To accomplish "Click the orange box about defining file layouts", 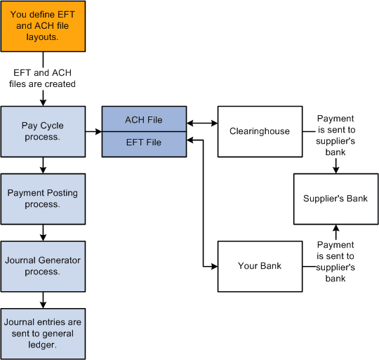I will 43,26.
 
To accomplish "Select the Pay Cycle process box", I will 43,131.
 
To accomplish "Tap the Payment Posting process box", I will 43,199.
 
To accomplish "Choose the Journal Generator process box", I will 43,265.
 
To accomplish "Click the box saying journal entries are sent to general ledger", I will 43,333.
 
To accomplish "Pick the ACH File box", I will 143,119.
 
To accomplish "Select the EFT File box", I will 143,143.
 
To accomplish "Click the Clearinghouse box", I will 259,131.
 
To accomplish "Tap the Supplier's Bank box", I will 335,199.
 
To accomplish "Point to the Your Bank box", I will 259,266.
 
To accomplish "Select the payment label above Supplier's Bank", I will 335,131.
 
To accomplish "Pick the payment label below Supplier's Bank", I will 335,260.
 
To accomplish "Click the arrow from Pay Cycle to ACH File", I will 93,131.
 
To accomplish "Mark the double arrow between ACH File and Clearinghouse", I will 201,124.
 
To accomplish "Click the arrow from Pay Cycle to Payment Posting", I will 44,165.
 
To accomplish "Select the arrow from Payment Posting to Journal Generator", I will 44,232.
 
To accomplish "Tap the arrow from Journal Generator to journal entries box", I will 44,300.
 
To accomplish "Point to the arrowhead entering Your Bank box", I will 213,267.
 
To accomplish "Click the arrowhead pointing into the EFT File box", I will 190,140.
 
